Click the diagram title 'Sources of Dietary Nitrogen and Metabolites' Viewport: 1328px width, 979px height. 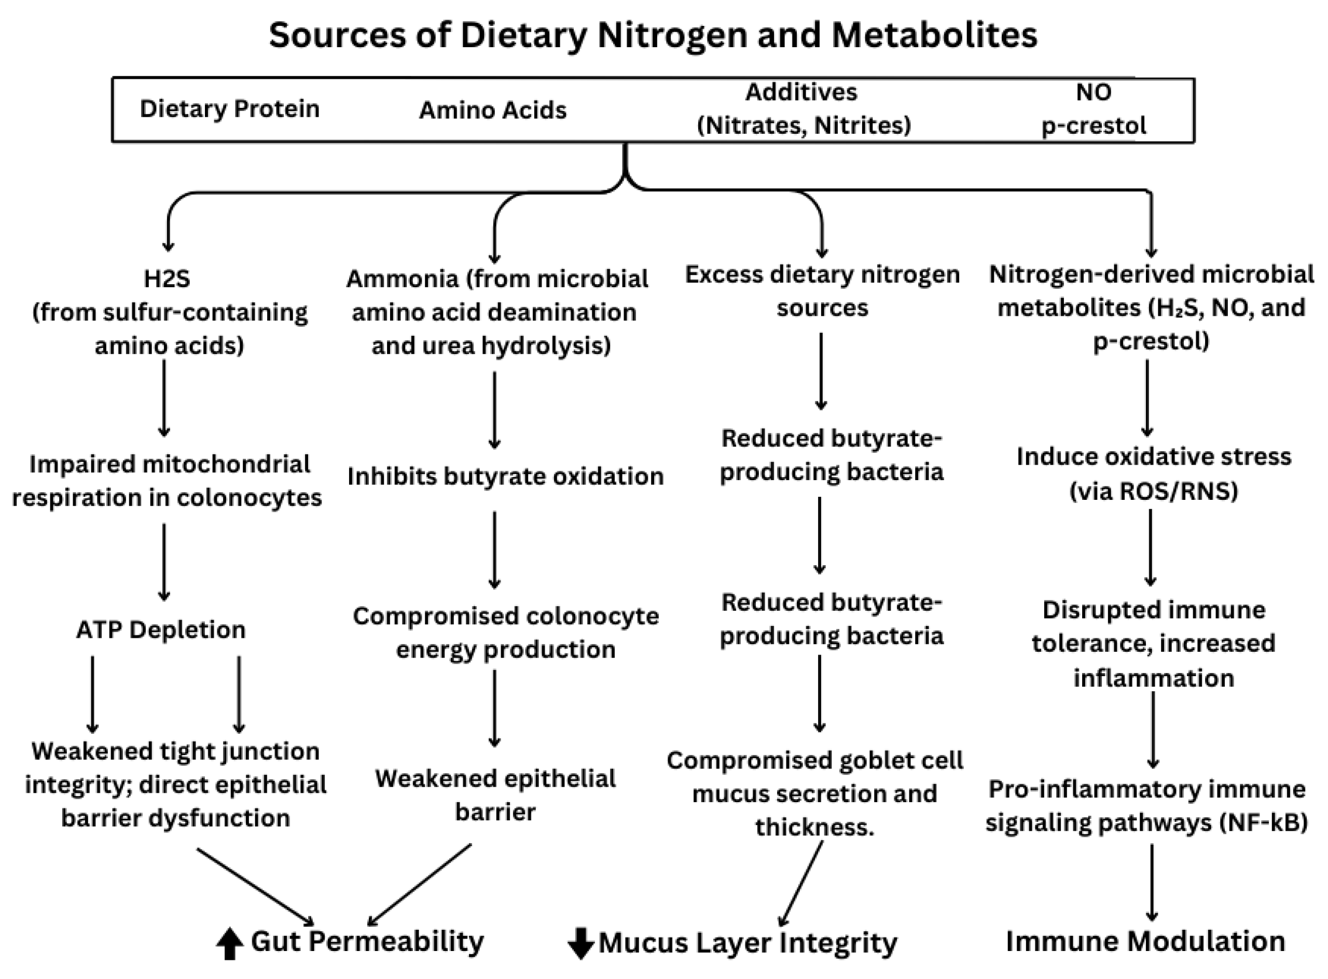(x=653, y=36)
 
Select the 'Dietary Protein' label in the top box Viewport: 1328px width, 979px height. (x=229, y=109)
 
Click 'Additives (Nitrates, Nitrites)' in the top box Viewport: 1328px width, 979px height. (x=804, y=108)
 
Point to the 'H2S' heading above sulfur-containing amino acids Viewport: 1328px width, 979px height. (x=167, y=278)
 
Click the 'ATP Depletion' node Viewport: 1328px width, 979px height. (x=161, y=630)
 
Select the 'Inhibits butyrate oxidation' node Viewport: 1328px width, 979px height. (x=505, y=477)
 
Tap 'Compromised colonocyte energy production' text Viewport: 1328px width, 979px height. (x=505, y=633)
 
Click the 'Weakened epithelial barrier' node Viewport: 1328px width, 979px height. (x=495, y=795)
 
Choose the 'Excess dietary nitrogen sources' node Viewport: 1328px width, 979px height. (x=822, y=291)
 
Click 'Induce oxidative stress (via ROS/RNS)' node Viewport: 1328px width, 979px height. (x=1153, y=473)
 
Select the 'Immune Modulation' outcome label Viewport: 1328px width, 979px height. (x=1145, y=941)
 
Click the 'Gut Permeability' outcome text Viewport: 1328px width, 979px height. (x=368, y=941)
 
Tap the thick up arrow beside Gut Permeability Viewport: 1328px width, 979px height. (x=229, y=943)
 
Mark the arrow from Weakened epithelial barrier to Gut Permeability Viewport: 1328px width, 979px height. (x=420, y=884)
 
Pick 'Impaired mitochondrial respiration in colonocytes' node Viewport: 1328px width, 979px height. (x=167, y=481)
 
